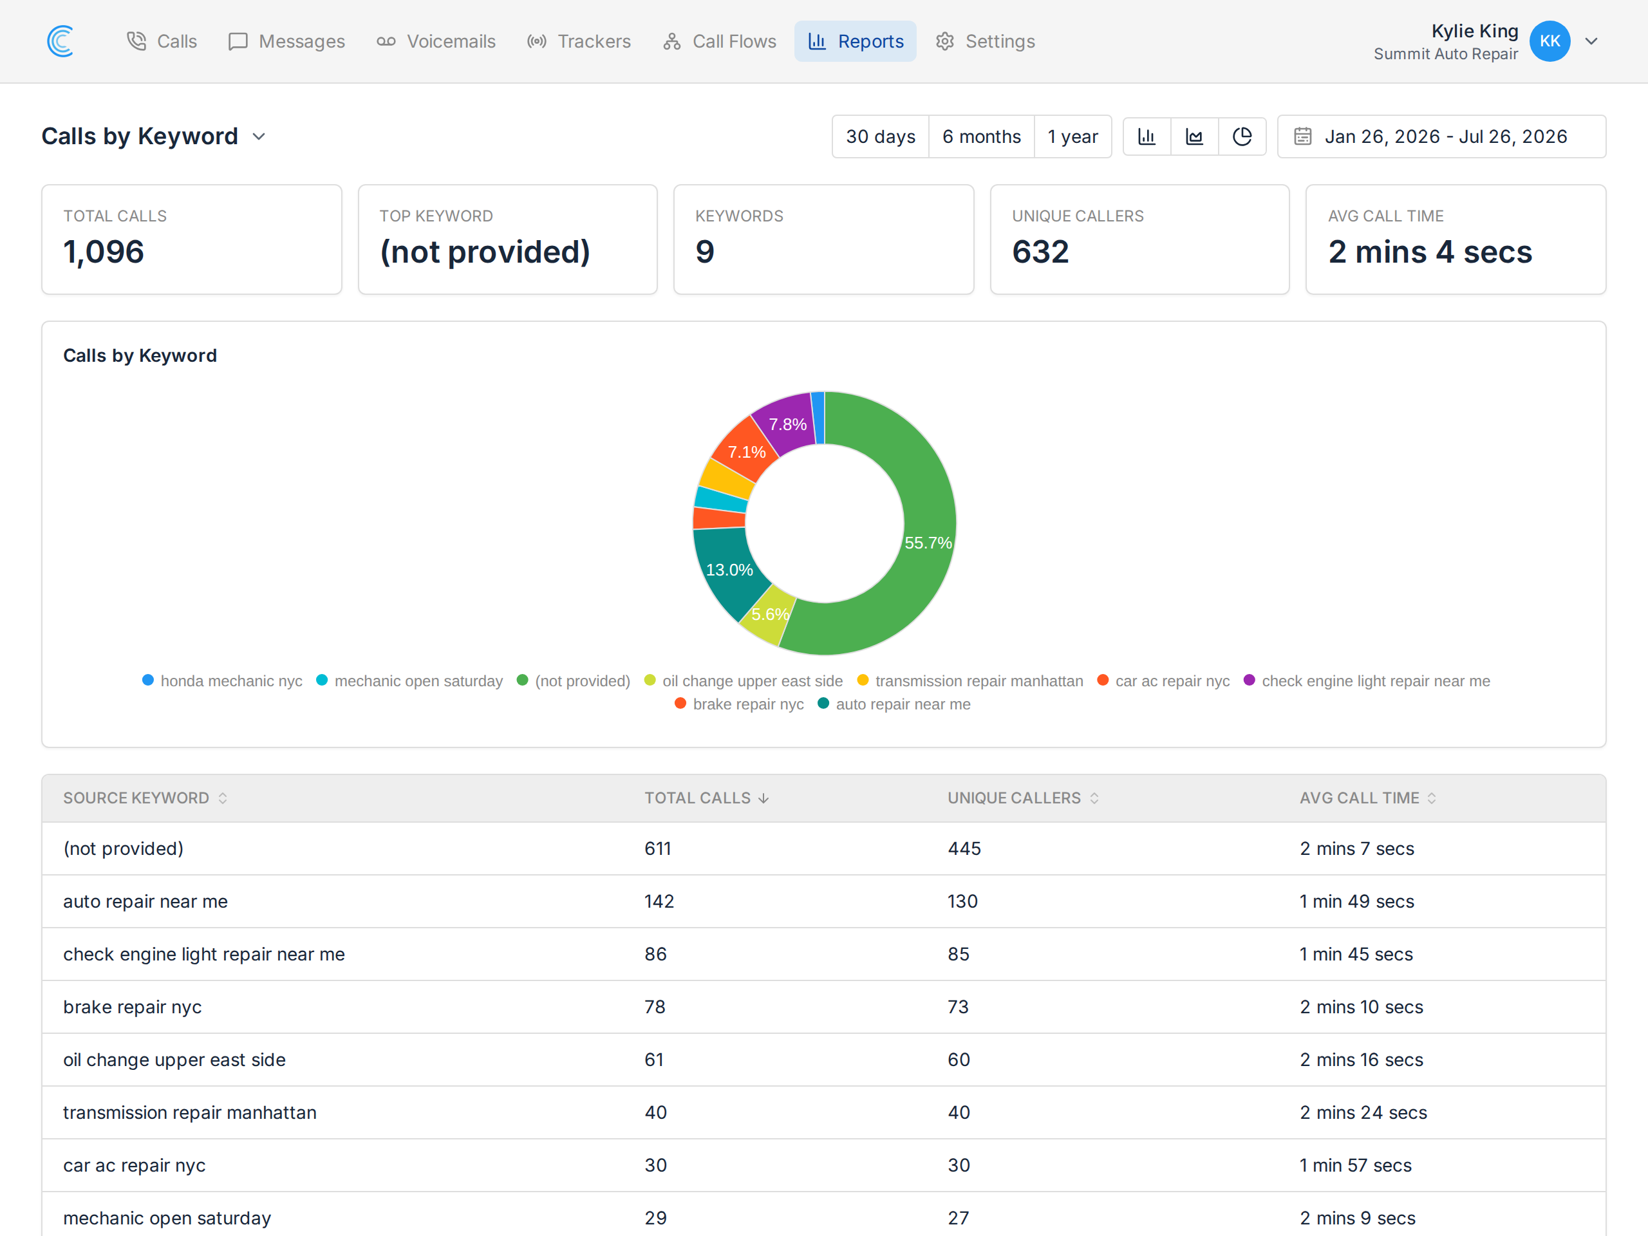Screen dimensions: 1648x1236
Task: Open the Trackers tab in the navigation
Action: click(579, 41)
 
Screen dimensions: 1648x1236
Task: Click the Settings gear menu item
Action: click(985, 41)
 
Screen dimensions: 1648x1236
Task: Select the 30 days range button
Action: click(881, 136)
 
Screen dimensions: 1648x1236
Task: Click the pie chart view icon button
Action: click(1242, 136)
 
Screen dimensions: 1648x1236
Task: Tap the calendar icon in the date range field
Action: click(1302, 136)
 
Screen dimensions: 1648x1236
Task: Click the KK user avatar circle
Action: click(1550, 41)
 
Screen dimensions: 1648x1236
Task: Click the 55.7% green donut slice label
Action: click(928, 543)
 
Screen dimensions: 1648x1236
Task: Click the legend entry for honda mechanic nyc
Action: click(222, 681)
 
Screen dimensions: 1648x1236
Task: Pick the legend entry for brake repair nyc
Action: click(739, 704)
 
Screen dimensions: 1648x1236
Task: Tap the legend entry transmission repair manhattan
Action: click(970, 681)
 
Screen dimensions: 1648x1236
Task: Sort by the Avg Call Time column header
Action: click(1368, 798)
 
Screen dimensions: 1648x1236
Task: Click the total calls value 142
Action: click(659, 901)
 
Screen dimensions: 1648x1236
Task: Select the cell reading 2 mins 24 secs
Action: click(1363, 1112)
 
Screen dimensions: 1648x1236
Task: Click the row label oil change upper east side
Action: click(174, 1060)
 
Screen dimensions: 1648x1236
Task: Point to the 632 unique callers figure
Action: click(1040, 252)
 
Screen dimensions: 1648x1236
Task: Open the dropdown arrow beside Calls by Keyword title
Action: click(259, 136)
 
